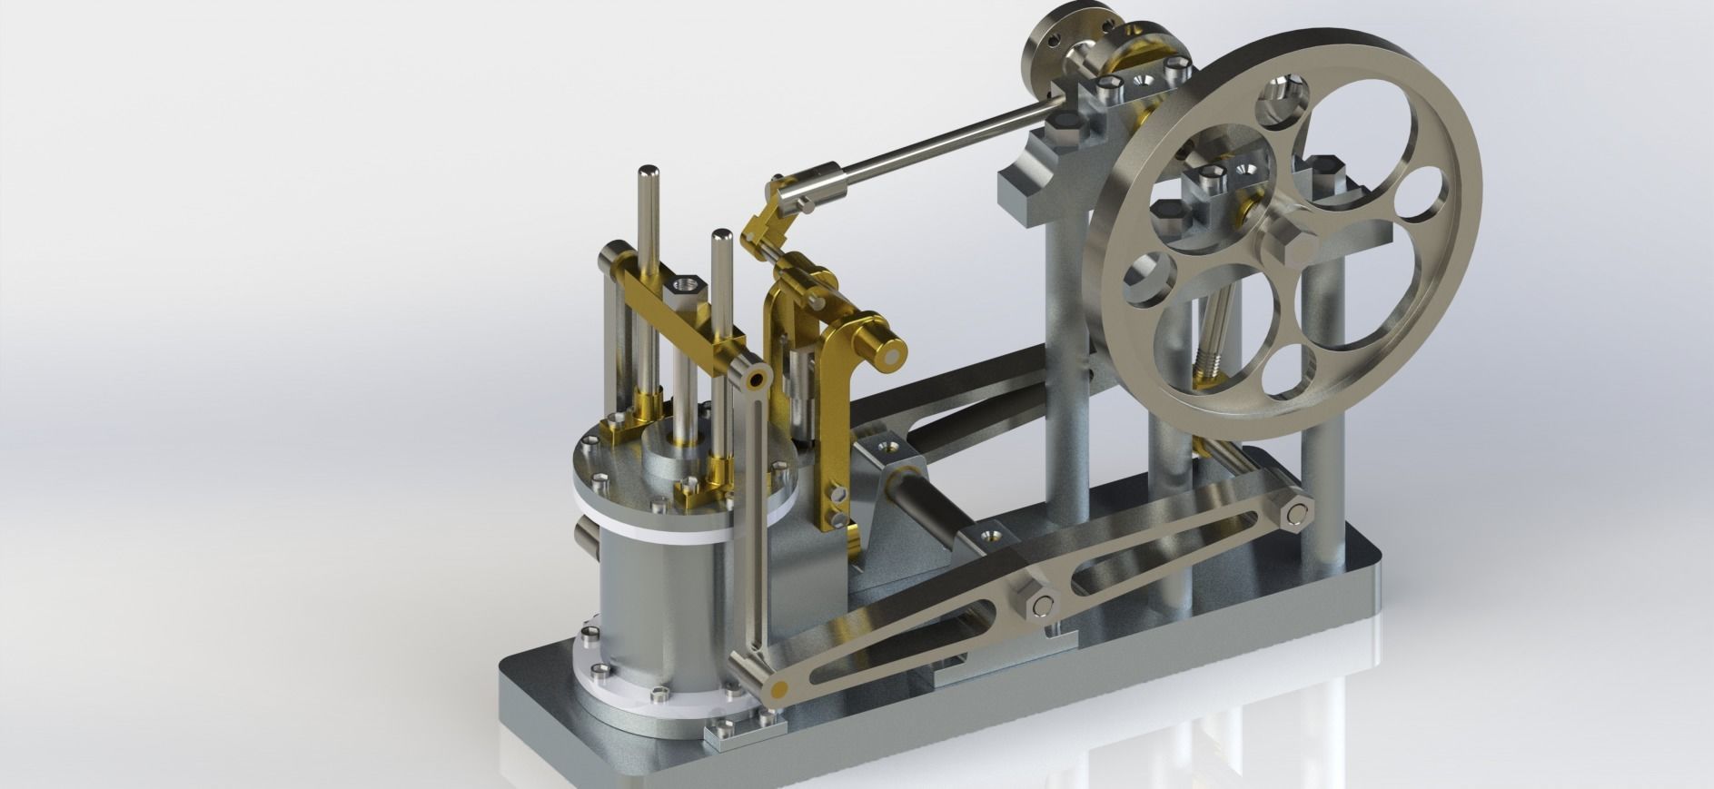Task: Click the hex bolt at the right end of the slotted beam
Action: tap(1296, 515)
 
